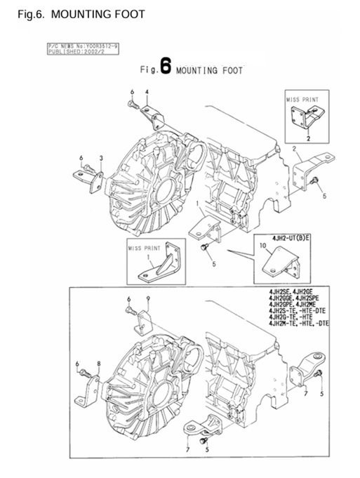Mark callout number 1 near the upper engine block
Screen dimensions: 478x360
pyautogui.click(x=199, y=204)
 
